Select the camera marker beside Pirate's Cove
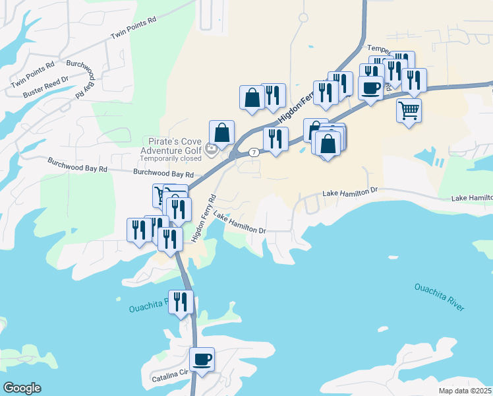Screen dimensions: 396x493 point(212,149)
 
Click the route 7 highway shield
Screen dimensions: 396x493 point(254,152)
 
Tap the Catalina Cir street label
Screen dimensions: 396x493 point(169,373)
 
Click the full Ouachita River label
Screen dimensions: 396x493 point(440,297)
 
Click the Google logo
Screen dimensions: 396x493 point(22,388)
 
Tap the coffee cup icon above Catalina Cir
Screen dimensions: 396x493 point(202,360)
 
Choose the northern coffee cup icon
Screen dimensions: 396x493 point(371,87)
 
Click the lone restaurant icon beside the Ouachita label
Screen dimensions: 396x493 point(181,302)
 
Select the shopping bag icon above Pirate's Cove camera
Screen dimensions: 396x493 point(222,132)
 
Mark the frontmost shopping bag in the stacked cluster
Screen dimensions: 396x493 point(328,143)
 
